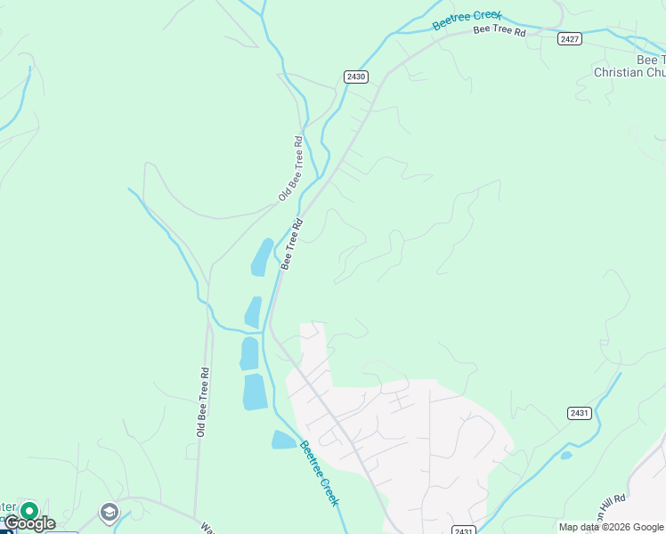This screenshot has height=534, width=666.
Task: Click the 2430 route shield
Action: (x=356, y=77)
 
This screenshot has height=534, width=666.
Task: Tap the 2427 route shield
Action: (x=570, y=39)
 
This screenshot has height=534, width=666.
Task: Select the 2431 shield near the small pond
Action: (x=579, y=413)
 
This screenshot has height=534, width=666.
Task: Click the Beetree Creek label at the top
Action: (x=467, y=20)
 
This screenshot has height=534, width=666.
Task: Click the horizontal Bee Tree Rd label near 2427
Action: (x=499, y=30)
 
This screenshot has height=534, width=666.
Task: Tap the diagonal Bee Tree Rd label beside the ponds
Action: (x=292, y=243)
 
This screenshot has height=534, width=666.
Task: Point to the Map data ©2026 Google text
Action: (x=612, y=527)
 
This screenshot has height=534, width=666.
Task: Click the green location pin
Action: (x=28, y=512)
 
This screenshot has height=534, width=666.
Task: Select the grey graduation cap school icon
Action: (x=109, y=512)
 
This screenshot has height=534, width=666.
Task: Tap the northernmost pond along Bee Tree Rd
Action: (x=263, y=256)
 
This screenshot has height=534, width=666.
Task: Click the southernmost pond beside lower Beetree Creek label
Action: (x=283, y=440)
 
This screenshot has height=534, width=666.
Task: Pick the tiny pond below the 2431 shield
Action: (x=566, y=456)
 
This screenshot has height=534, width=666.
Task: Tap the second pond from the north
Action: (x=254, y=312)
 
